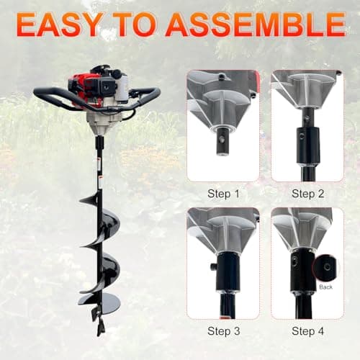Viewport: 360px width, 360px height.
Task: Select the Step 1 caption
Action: click(222, 194)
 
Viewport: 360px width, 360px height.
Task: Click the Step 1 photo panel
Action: click(222, 126)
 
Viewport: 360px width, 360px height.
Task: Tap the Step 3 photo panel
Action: click(222, 263)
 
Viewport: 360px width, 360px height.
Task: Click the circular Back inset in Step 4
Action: click(325, 268)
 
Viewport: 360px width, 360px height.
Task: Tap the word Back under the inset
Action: click(325, 287)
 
